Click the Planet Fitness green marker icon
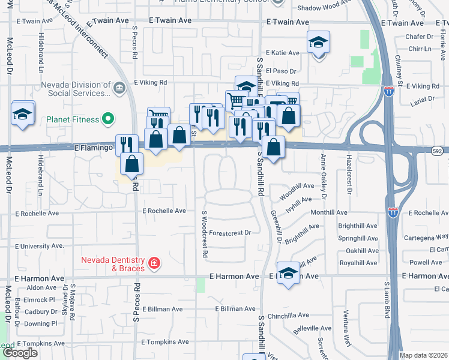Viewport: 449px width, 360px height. coord(108,119)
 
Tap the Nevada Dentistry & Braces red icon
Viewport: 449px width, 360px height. coord(154,263)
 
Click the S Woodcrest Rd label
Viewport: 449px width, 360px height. coord(205,234)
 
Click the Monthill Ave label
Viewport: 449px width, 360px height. coord(328,212)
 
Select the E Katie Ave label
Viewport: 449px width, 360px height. coord(282,53)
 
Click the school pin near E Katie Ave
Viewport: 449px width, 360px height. coord(319,43)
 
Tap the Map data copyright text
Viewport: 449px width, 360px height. coord(423,355)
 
